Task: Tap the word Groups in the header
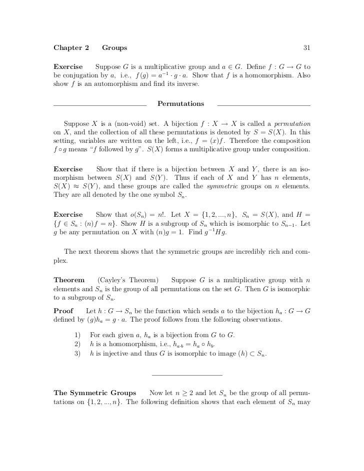pos(114,48)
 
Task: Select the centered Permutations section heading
pos(181,104)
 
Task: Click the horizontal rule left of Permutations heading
pos(99,105)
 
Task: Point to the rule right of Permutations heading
pos(264,105)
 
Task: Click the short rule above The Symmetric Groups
pos(186,375)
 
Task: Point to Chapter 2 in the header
pos(71,48)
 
